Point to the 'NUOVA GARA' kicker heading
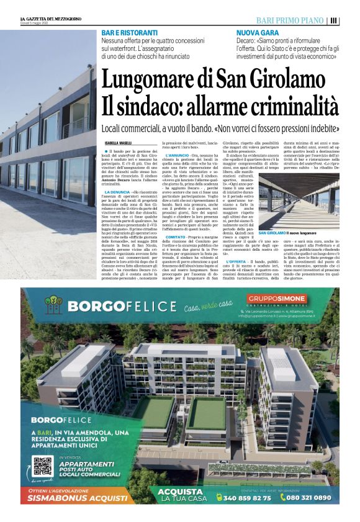258,32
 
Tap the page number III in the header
334,20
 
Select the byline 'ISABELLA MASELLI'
118,144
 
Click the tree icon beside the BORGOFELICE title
55,305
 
